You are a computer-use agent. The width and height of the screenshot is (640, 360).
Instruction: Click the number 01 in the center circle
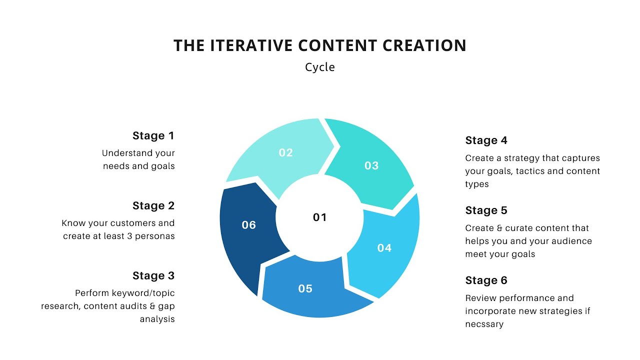pos(319,217)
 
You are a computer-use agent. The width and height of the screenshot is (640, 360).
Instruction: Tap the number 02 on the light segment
pos(285,152)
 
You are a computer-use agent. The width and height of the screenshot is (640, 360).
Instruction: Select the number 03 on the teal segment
pos(371,165)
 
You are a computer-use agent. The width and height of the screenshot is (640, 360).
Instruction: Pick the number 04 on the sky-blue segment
pos(384,247)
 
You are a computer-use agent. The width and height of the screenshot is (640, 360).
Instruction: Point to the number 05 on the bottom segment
pos(305,288)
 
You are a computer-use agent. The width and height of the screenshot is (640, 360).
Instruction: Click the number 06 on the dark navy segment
pos(248,225)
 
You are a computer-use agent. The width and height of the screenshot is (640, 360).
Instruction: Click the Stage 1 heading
pos(153,135)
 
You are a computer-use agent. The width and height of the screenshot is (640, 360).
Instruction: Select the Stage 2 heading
pos(153,205)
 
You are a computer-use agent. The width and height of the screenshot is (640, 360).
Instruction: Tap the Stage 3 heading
pos(153,275)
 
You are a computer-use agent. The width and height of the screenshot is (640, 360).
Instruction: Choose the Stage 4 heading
pos(486,140)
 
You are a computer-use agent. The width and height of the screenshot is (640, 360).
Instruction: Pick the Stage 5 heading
pos(486,210)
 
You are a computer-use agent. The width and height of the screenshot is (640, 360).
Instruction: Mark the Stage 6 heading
pos(486,280)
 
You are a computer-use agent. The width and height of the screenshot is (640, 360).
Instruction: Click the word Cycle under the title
pos(320,67)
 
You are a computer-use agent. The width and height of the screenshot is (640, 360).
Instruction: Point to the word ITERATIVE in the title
pos(251,45)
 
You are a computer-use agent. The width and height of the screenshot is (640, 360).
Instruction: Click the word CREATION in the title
pos(424,45)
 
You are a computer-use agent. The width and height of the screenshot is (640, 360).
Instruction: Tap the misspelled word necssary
pos(484,324)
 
